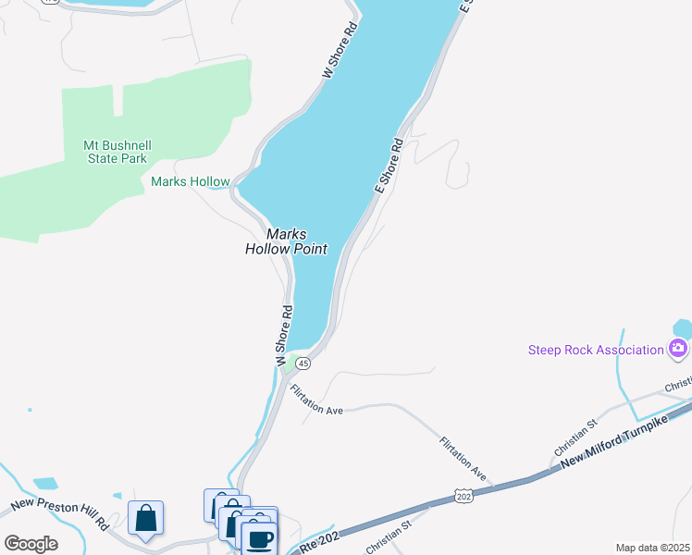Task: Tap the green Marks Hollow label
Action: point(190,182)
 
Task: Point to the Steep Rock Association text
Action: point(596,350)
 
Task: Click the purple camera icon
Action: point(678,349)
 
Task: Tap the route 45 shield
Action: point(303,364)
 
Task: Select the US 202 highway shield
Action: point(464,498)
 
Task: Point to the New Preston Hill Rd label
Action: point(59,514)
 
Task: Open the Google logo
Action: point(31,544)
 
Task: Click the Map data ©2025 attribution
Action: point(651,548)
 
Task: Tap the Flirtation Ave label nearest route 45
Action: point(315,401)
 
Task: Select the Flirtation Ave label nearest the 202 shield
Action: point(463,458)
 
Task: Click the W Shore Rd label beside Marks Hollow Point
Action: point(283,334)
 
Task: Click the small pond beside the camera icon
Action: point(682,327)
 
